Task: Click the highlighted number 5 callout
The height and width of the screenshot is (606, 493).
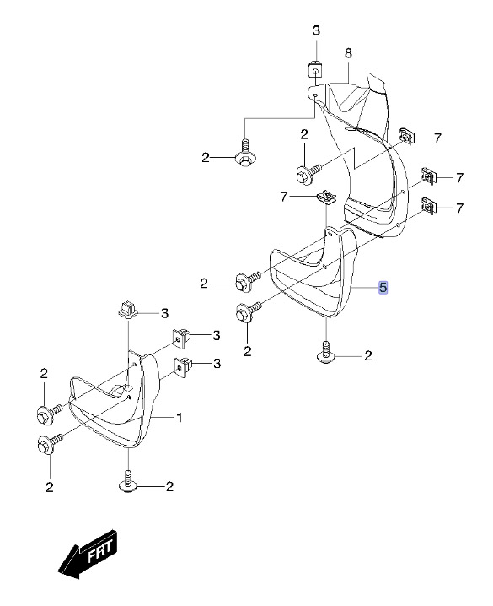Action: (x=383, y=287)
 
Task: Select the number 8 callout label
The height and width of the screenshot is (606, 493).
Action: (x=348, y=53)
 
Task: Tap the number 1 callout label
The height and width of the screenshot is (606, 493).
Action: (x=179, y=418)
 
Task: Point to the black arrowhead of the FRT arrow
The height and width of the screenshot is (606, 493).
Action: (x=69, y=565)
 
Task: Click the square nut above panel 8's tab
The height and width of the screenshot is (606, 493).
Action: (x=315, y=71)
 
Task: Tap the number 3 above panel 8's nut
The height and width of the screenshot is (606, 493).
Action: (x=316, y=30)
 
